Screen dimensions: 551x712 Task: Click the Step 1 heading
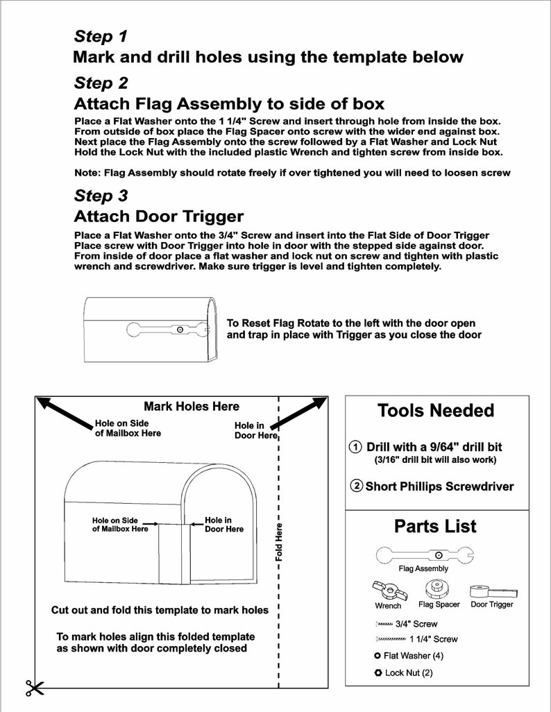(101, 36)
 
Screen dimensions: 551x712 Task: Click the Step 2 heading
(101, 83)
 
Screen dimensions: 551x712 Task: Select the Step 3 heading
(101, 196)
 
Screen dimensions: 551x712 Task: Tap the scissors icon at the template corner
(35, 688)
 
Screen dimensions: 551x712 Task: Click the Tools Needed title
(436, 411)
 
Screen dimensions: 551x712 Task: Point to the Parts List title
(435, 526)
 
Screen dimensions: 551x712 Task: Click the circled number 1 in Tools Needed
(355, 447)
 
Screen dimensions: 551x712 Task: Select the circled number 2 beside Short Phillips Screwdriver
(357, 486)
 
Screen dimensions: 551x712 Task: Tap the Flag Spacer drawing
(437, 590)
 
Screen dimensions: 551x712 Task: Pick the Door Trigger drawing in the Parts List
(493, 592)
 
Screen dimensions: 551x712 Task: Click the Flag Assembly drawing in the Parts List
(425, 555)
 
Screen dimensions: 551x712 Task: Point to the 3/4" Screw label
(416, 624)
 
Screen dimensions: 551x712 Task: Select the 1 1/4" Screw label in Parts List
(433, 639)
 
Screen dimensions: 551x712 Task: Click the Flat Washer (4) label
(414, 656)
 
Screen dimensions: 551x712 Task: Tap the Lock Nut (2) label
(409, 672)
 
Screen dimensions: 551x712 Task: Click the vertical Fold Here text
(279, 542)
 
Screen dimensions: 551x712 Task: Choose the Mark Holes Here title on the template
(192, 407)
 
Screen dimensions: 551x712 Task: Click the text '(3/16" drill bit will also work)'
(435, 459)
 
